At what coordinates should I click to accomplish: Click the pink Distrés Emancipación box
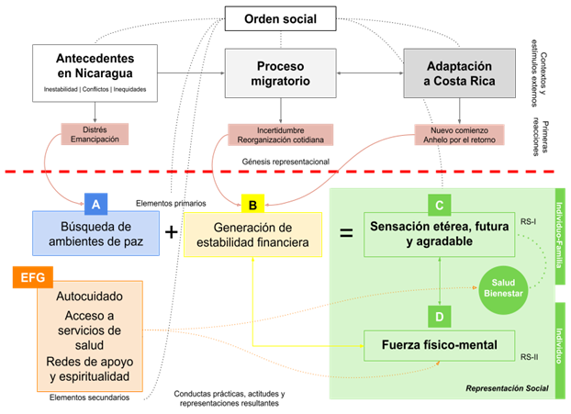[95, 134]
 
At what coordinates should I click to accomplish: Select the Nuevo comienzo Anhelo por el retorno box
[455, 134]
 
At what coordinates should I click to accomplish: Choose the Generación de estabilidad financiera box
[252, 234]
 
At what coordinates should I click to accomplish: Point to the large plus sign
[172, 232]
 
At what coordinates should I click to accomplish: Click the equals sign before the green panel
[346, 233]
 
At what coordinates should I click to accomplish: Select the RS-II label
[530, 355]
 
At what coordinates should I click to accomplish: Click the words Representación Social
[508, 388]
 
